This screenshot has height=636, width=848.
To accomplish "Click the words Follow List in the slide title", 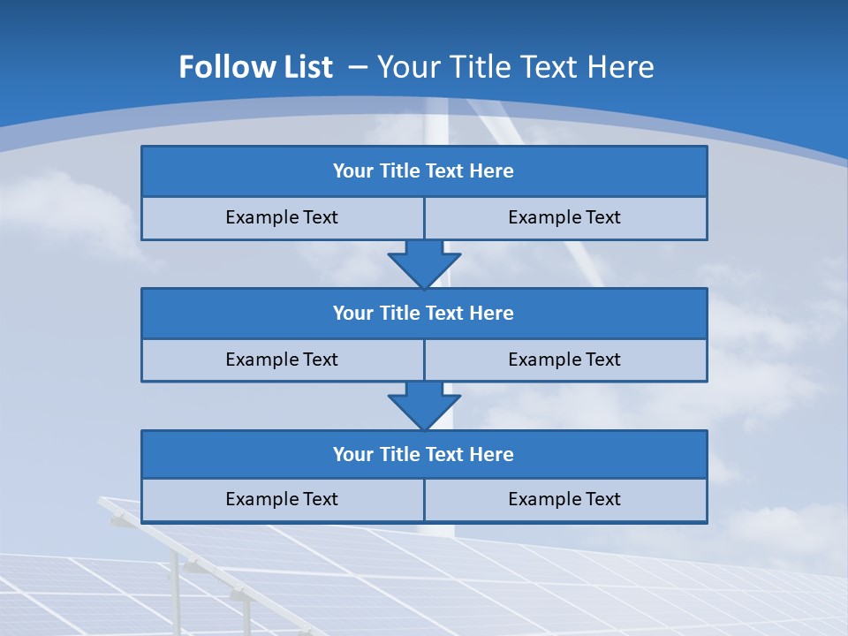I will coord(255,67).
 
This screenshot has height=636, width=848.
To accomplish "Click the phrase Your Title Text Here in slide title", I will coord(516,67).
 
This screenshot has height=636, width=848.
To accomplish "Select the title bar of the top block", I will coord(424,171).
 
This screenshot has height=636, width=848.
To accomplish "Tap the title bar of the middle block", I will coord(424,314).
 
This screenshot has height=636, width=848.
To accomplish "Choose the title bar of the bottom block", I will coord(424,455).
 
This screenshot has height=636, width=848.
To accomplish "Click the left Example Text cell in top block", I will coord(282,217).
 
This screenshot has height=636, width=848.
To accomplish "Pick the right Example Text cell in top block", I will coord(564,217).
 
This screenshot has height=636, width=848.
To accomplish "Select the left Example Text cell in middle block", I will coord(282,360).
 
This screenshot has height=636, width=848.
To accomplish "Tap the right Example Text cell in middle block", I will coord(564,360).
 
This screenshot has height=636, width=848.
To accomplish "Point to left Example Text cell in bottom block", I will coord(282,499).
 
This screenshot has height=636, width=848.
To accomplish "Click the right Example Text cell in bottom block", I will coord(564,499).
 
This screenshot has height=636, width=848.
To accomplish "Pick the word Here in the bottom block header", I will coord(492,455).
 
